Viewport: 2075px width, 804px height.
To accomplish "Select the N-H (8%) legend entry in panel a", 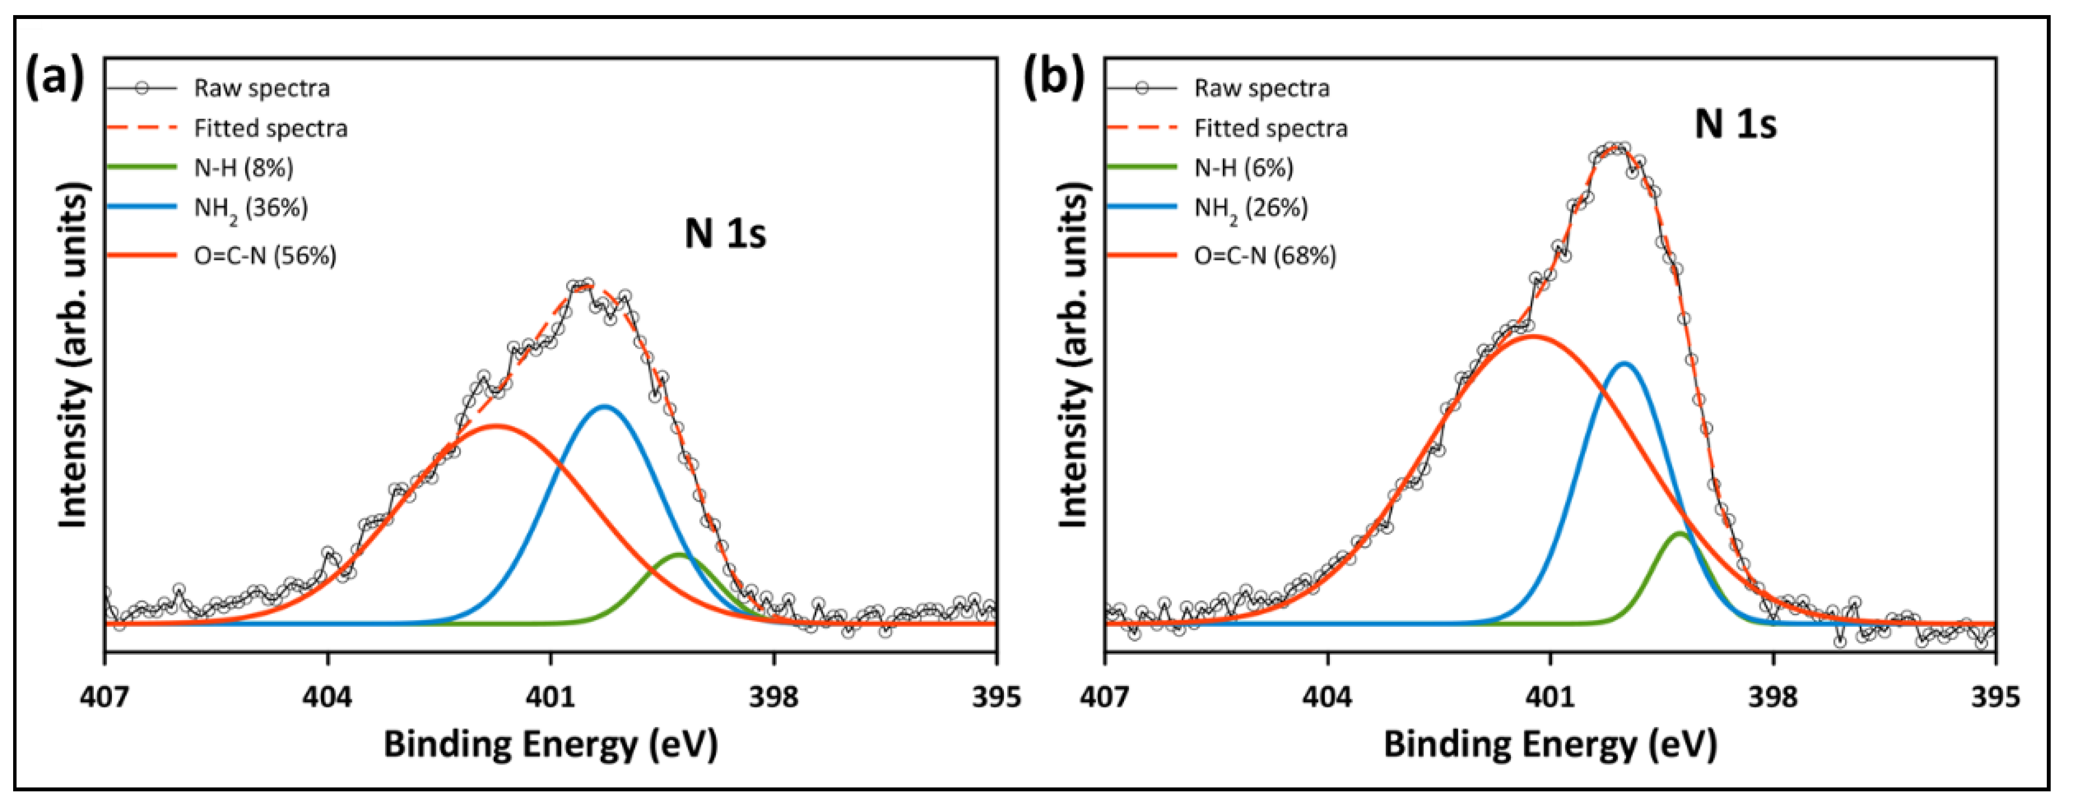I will pyautogui.click(x=243, y=167).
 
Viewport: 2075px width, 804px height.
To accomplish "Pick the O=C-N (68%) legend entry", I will pyautogui.click(x=1265, y=256).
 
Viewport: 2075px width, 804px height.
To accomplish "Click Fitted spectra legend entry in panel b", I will pyautogui.click(x=1270, y=128).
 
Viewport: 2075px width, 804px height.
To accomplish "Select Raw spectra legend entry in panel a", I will pyautogui.click(x=262, y=88).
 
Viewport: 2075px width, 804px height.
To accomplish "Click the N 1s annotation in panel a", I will pyautogui.click(x=725, y=234).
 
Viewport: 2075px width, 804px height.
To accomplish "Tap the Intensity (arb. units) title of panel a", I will pyautogui.click(x=73, y=354).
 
